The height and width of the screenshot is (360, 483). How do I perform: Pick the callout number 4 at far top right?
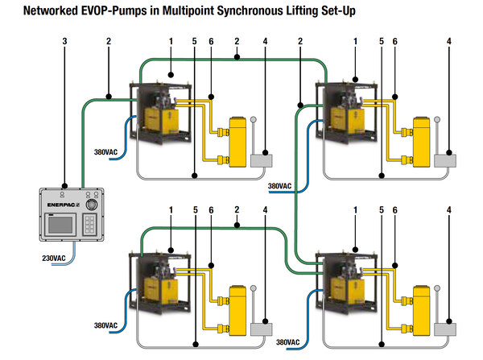point(448,40)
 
